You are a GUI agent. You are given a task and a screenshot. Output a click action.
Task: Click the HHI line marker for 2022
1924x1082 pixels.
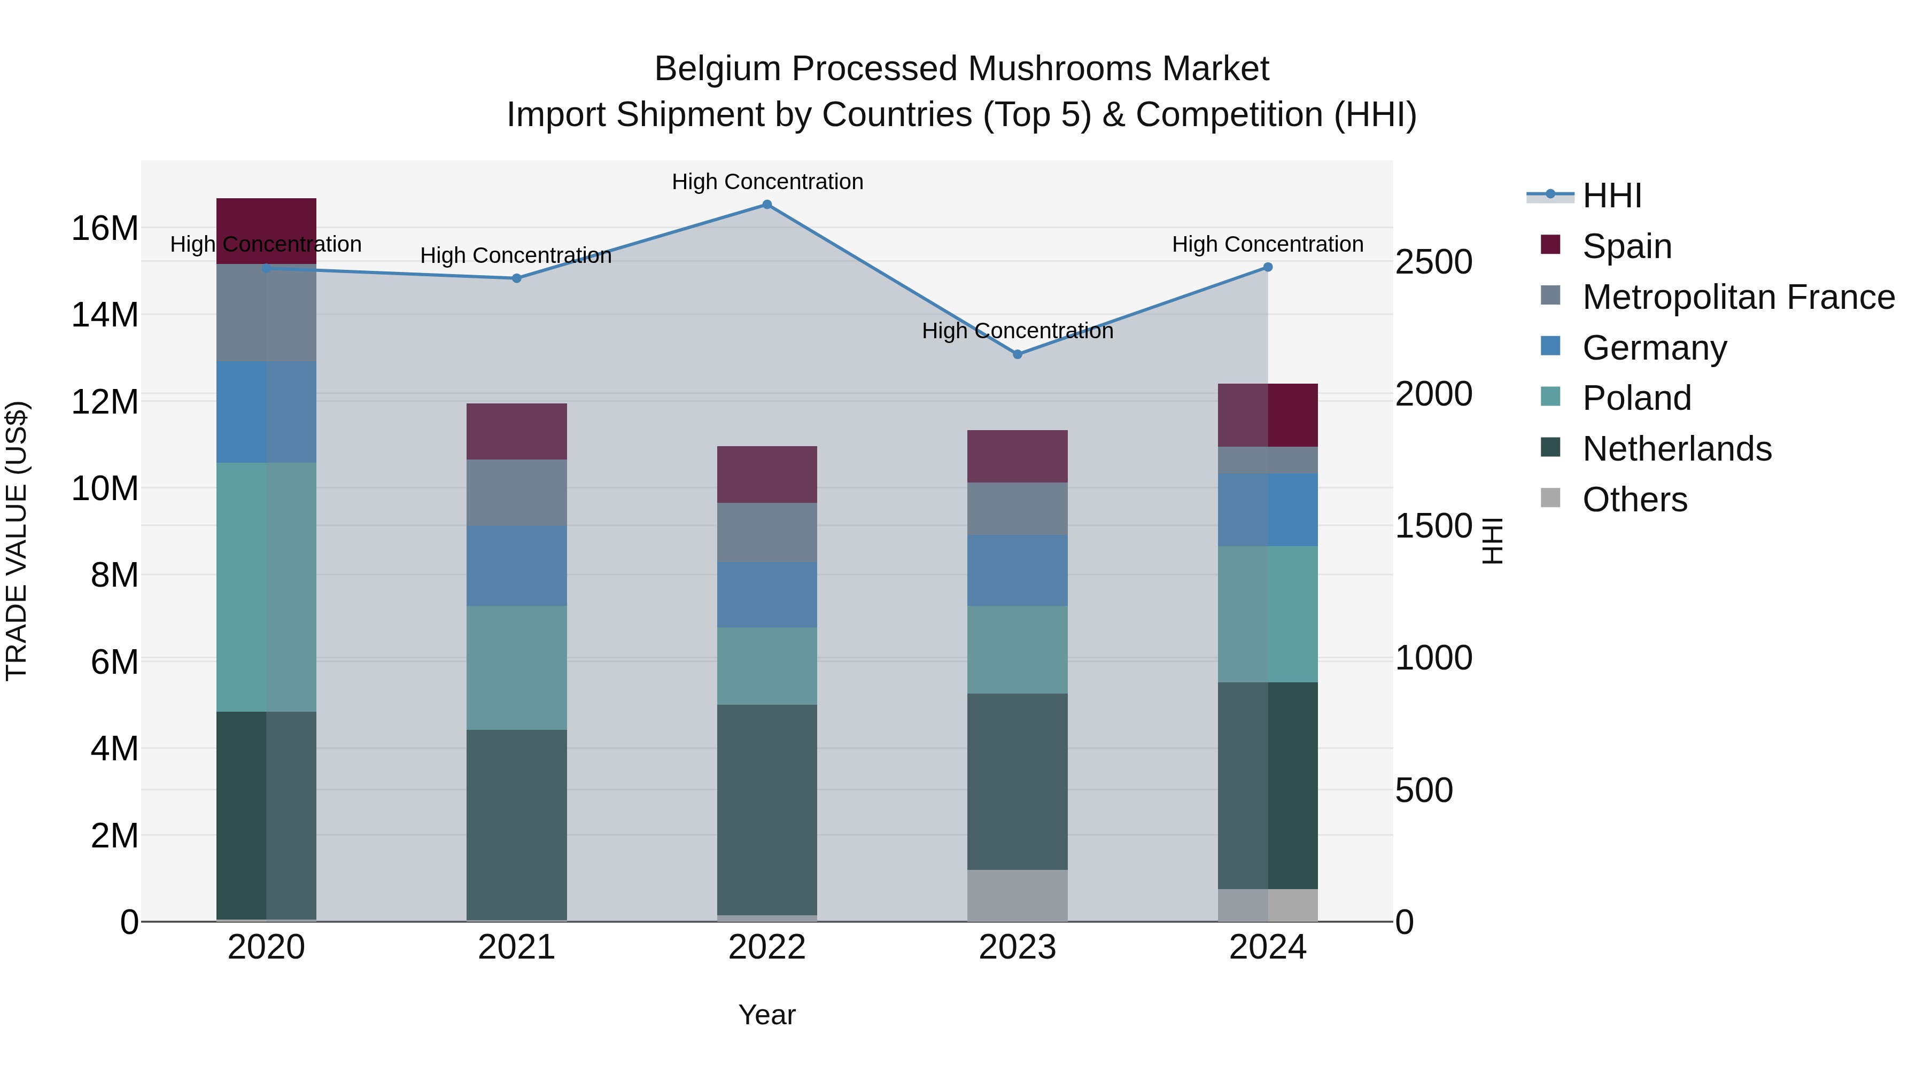point(766,204)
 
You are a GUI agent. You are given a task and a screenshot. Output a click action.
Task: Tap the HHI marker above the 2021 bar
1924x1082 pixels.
point(516,278)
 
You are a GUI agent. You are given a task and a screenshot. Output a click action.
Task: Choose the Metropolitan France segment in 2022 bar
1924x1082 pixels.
point(766,532)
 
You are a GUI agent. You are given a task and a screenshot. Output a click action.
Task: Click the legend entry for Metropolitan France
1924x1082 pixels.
point(1738,297)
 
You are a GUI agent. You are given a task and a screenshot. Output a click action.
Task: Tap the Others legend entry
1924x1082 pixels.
point(1634,500)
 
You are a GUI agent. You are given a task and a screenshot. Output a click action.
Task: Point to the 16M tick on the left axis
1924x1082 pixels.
point(105,228)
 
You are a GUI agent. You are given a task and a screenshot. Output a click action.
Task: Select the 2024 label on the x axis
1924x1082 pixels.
point(1268,947)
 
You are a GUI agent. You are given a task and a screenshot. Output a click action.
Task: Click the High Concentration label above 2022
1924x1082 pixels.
point(767,182)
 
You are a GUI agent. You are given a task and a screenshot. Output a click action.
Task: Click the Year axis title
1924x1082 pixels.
point(766,1015)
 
